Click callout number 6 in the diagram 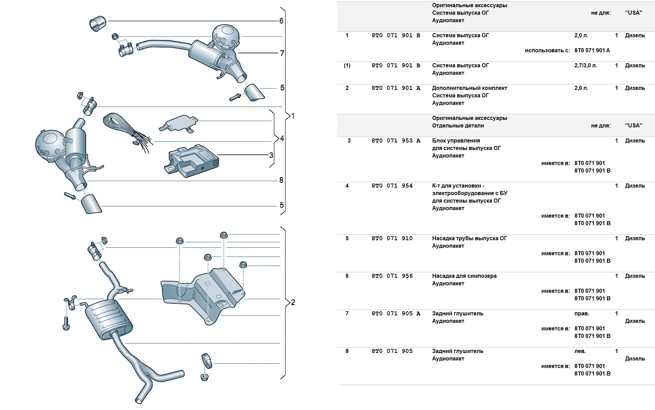281,21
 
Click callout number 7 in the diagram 282,53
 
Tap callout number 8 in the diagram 281,180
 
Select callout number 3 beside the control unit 271,155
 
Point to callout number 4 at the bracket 282,138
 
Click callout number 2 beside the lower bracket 293,302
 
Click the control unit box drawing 192,161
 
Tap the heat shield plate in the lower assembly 203,294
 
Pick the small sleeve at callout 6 98,23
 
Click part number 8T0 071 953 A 396,141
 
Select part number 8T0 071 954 392,186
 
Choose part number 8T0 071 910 392,238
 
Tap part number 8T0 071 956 392,276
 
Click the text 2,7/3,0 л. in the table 586,66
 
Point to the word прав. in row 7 582,314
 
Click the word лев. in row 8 580,351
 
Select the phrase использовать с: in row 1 548,51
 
